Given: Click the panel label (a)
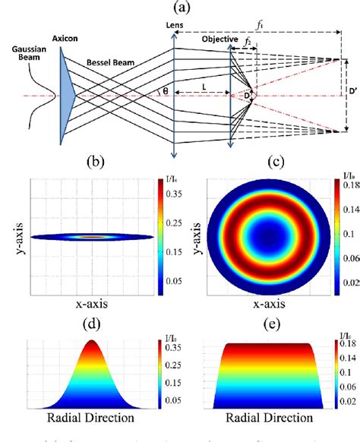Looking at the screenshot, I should tap(179, 8).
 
